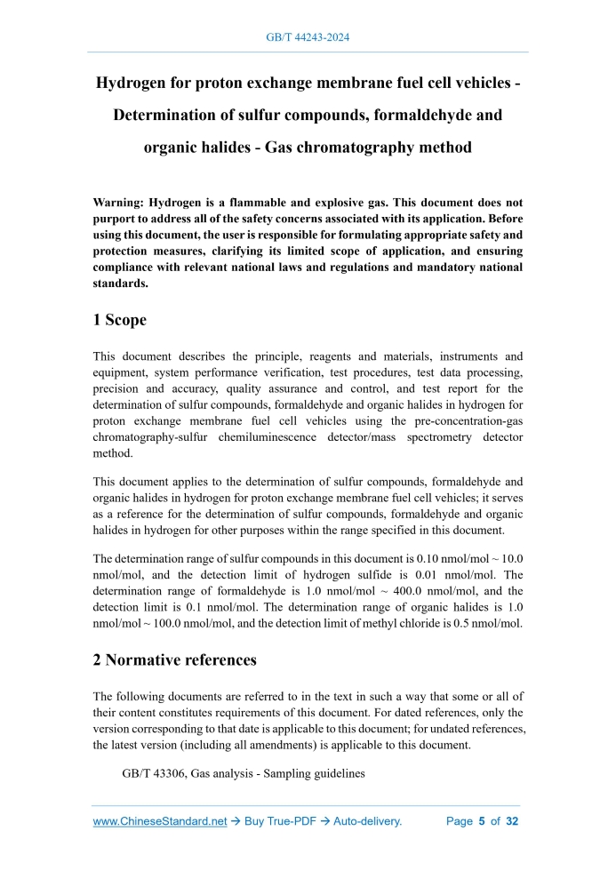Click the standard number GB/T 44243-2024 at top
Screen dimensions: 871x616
pyautogui.click(x=308, y=37)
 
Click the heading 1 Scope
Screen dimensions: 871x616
pyautogui.click(x=120, y=319)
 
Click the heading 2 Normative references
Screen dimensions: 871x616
pyautogui.click(x=175, y=659)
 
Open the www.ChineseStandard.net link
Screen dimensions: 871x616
pyautogui.click(x=160, y=821)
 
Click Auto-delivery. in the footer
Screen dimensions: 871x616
pyautogui.click(x=367, y=821)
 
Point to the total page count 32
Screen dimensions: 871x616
pyautogui.click(x=511, y=821)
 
